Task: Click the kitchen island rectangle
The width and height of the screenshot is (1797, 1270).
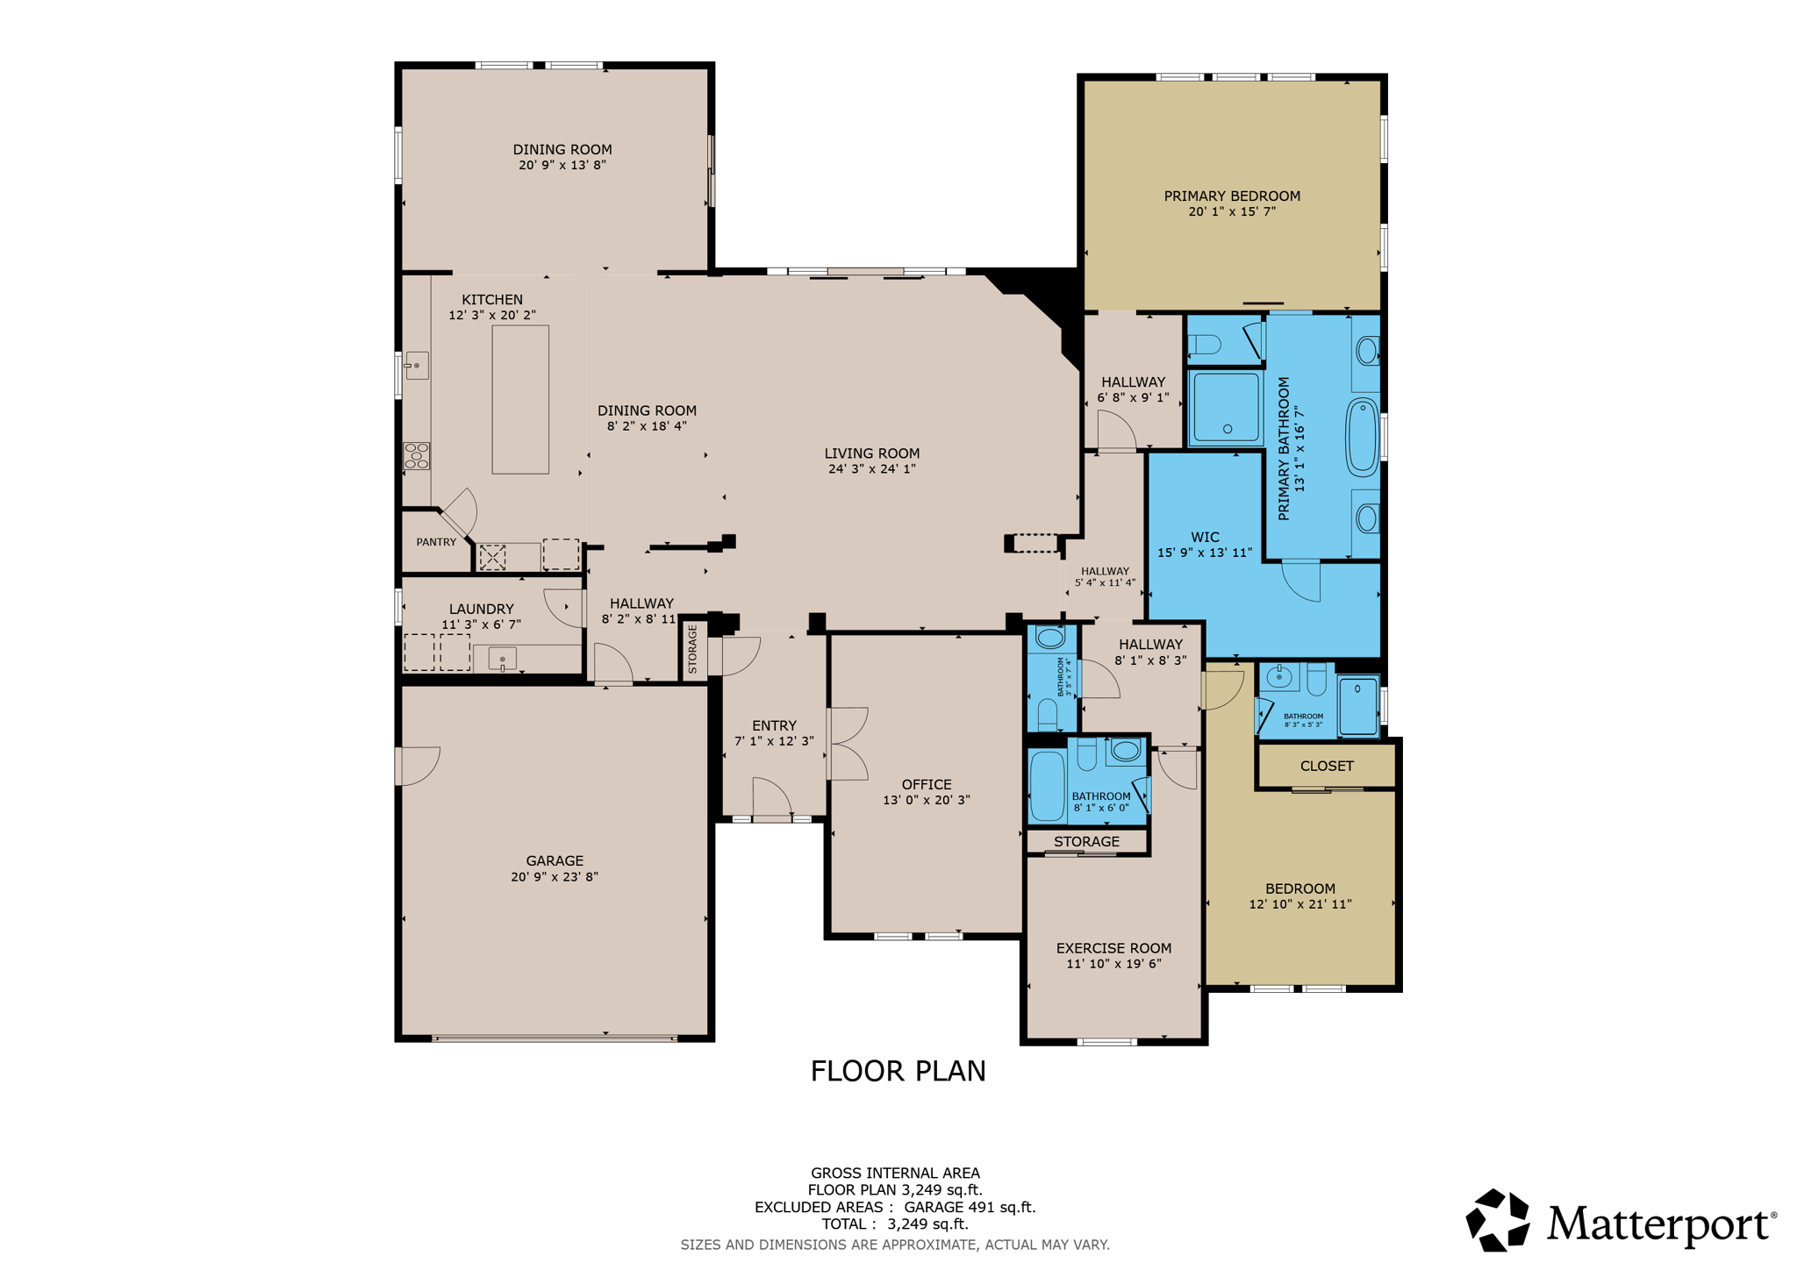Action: point(520,399)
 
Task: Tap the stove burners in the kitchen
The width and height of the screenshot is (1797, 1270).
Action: point(417,455)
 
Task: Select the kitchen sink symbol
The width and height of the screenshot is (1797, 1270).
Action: point(417,365)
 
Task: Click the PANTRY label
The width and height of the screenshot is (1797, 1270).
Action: point(436,542)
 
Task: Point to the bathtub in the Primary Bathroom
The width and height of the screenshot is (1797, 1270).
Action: point(1363,437)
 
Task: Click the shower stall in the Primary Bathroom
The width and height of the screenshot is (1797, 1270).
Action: point(1226,409)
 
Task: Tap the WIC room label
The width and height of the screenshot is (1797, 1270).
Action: point(1205,537)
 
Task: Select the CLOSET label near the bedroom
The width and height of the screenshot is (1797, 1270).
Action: point(1326,766)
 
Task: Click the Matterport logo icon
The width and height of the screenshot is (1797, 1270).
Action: point(1498,1220)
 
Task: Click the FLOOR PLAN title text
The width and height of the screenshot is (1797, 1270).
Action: point(898,1071)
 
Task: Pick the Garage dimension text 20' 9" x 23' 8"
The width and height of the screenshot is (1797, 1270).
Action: point(555,876)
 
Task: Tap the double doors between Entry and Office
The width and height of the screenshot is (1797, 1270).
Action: point(847,744)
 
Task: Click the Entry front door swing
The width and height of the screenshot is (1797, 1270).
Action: point(772,798)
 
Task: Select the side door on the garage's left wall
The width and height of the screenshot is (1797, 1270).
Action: point(417,766)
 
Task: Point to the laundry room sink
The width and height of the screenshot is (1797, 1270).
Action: point(502,658)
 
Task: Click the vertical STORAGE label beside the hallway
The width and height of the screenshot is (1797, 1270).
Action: point(692,649)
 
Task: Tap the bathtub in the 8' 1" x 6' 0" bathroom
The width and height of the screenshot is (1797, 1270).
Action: point(1046,785)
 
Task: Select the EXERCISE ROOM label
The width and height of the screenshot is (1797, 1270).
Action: point(1113,948)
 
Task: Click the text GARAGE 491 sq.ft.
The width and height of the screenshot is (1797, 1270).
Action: point(970,1207)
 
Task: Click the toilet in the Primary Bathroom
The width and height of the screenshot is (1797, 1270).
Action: point(1206,344)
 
